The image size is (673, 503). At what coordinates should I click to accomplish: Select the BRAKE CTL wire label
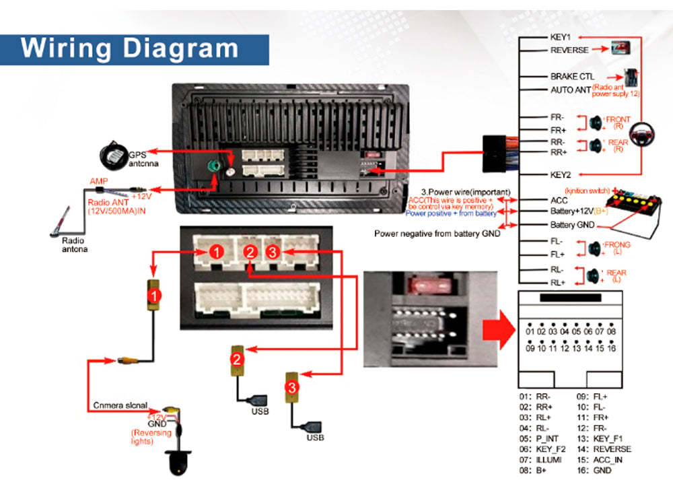572,77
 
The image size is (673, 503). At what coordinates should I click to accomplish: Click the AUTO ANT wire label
571,90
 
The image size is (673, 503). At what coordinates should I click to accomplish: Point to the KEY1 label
560,38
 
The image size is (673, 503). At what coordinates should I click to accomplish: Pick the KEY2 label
560,174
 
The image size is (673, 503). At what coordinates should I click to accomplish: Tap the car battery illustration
633,210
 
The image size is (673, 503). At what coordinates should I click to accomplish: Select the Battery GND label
572,225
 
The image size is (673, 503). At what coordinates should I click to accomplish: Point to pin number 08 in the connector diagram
611,332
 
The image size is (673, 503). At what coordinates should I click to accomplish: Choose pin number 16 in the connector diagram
611,348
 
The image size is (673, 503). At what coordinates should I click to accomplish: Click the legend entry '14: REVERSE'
603,448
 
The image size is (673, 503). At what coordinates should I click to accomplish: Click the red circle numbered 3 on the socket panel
271,252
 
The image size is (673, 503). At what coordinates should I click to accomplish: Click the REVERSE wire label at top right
569,51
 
